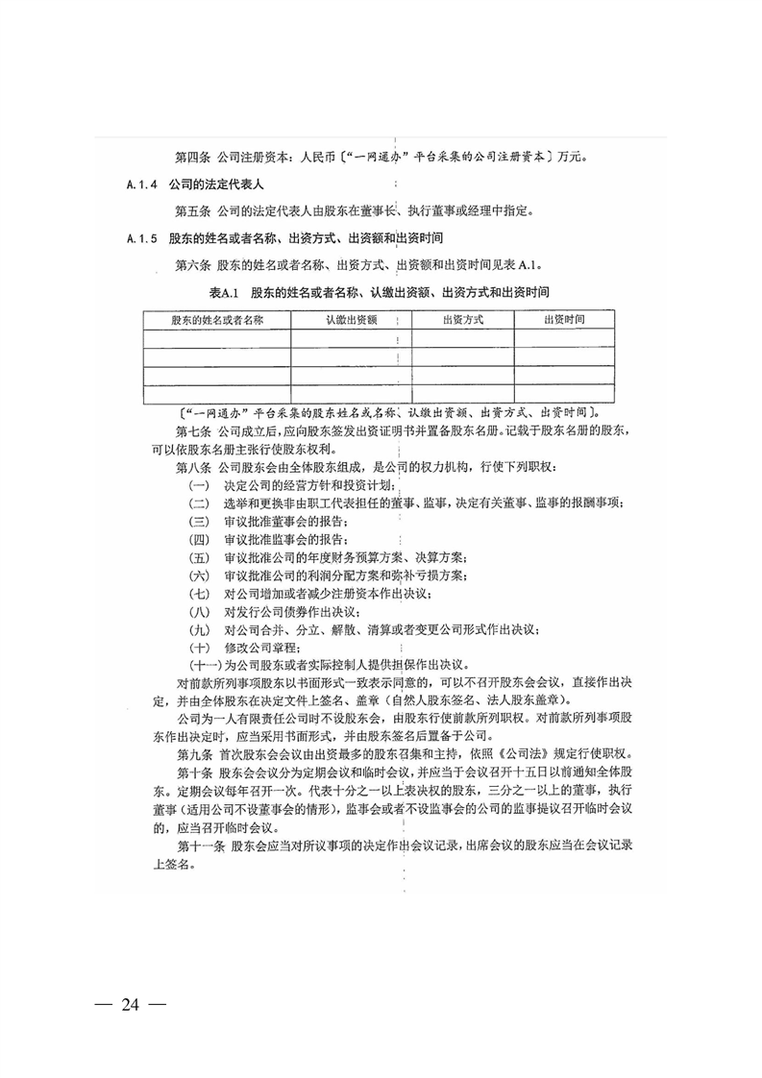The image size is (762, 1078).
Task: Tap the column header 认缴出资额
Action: point(351,319)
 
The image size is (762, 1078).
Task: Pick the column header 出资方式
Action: point(463,319)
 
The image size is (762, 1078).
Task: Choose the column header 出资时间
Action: point(565,319)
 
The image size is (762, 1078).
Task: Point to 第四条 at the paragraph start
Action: point(193,156)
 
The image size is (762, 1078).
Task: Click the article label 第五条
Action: point(193,209)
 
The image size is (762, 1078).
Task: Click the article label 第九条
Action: point(193,755)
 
